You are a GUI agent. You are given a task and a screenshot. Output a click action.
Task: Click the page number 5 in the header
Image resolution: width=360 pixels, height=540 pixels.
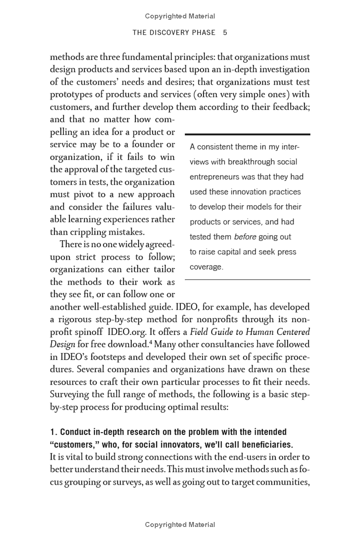(225, 32)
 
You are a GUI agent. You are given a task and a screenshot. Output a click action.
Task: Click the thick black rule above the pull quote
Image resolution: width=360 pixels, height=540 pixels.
(247, 134)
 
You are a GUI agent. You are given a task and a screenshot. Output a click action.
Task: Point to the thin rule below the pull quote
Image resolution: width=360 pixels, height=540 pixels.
(247, 280)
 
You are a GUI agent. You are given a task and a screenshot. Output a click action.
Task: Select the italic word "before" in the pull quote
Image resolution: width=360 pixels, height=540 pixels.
(245, 237)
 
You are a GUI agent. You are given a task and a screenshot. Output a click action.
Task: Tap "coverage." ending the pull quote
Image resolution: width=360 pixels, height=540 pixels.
(207, 267)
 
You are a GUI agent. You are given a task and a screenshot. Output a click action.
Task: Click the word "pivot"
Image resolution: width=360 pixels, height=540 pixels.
(82, 194)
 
